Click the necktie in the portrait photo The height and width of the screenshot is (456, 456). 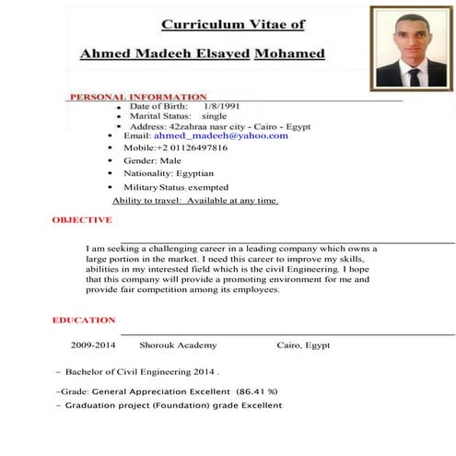(x=414, y=76)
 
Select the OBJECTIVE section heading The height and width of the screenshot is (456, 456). (x=82, y=220)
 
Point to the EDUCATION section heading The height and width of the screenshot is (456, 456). (x=84, y=320)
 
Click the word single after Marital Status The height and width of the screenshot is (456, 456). (x=213, y=117)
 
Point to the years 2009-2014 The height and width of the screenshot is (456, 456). (x=93, y=345)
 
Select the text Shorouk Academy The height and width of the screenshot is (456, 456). (x=178, y=345)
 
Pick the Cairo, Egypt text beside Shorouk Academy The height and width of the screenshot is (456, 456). (x=303, y=345)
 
